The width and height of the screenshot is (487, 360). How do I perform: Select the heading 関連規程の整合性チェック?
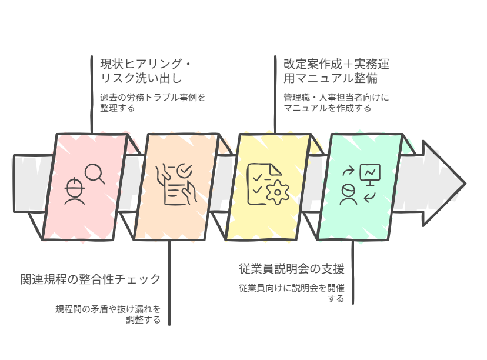pyautogui.click(x=90, y=279)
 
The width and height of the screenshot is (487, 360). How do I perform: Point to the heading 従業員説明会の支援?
pyautogui.click(x=291, y=269)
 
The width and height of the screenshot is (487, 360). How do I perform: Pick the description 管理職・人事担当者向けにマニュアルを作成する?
pyautogui.click(x=336, y=102)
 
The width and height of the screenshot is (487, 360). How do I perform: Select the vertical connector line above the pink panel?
pyautogui.click(x=92, y=94)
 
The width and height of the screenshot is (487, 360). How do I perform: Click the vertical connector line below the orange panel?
pyautogui.click(x=169, y=282)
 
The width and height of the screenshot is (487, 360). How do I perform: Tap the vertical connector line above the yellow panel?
pyautogui.click(x=275, y=94)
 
